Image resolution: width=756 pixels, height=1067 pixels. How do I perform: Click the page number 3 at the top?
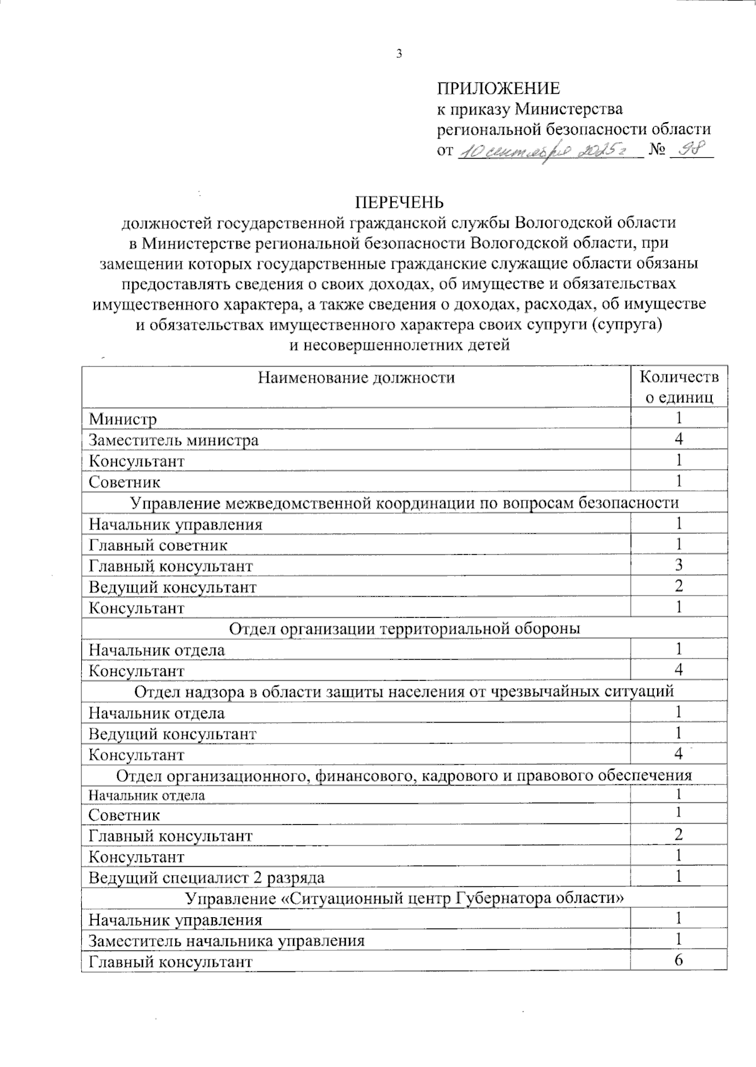[x=398, y=54]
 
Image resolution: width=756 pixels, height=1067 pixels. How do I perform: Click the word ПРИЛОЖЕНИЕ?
[x=498, y=88]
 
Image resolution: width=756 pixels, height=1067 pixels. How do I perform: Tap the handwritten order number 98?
[x=690, y=151]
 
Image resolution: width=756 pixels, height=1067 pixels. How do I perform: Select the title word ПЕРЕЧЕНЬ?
[x=399, y=202]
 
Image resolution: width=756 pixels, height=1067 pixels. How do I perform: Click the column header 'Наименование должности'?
[x=356, y=378]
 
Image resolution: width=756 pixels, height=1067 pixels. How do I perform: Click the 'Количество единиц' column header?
[x=679, y=387]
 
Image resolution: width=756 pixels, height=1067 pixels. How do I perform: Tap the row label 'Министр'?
[x=123, y=419]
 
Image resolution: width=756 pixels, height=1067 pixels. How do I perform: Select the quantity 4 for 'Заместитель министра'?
[x=679, y=439]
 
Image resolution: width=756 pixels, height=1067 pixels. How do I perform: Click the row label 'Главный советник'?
[x=158, y=545]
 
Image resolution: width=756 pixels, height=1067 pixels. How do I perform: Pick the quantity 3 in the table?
[x=679, y=565]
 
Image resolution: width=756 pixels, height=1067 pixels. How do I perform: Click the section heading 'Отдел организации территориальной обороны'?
[x=404, y=628]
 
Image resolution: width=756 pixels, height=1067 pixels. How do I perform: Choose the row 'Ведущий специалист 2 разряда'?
[x=207, y=878]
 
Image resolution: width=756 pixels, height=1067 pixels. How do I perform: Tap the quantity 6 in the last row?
[x=679, y=961]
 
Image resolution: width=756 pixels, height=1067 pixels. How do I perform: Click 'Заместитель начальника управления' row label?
[x=227, y=941]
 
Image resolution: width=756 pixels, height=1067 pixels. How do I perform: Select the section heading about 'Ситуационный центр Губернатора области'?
[x=404, y=898]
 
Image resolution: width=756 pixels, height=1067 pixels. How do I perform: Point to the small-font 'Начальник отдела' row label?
[x=146, y=795]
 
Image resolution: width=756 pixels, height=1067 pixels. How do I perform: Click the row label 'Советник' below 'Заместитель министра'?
[x=125, y=482]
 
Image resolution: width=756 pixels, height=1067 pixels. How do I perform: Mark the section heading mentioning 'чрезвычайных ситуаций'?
[x=404, y=691]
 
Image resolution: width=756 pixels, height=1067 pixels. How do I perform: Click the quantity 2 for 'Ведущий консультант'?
[x=679, y=587]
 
